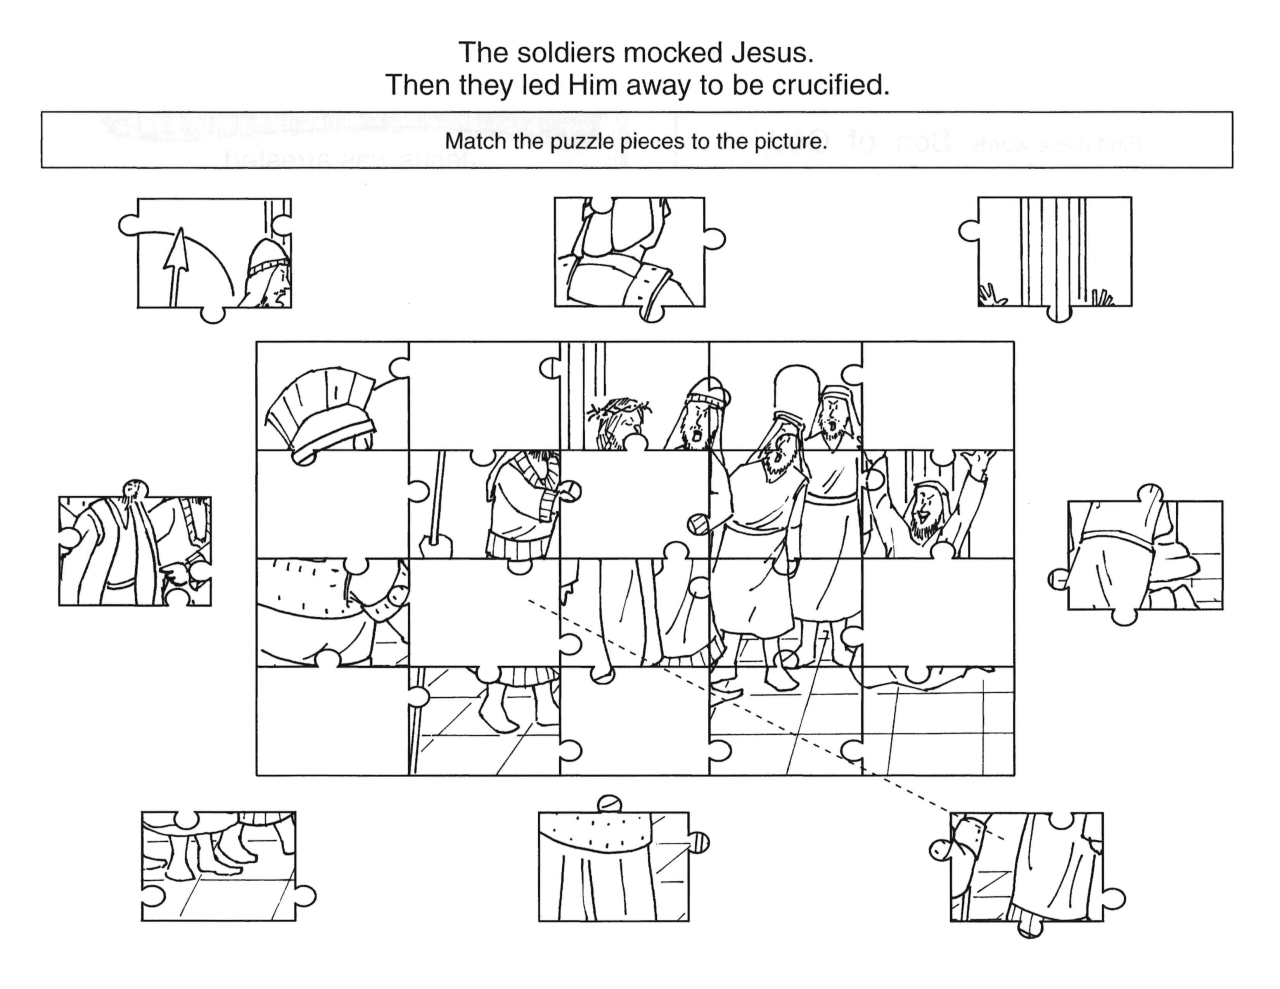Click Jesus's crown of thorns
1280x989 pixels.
pos(619,407)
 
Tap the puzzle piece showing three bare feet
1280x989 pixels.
pos(218,866)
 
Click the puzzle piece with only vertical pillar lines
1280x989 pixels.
pos(1054,252)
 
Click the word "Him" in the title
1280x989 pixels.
pos(592,85)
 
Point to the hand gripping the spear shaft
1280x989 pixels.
pos(436,542)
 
